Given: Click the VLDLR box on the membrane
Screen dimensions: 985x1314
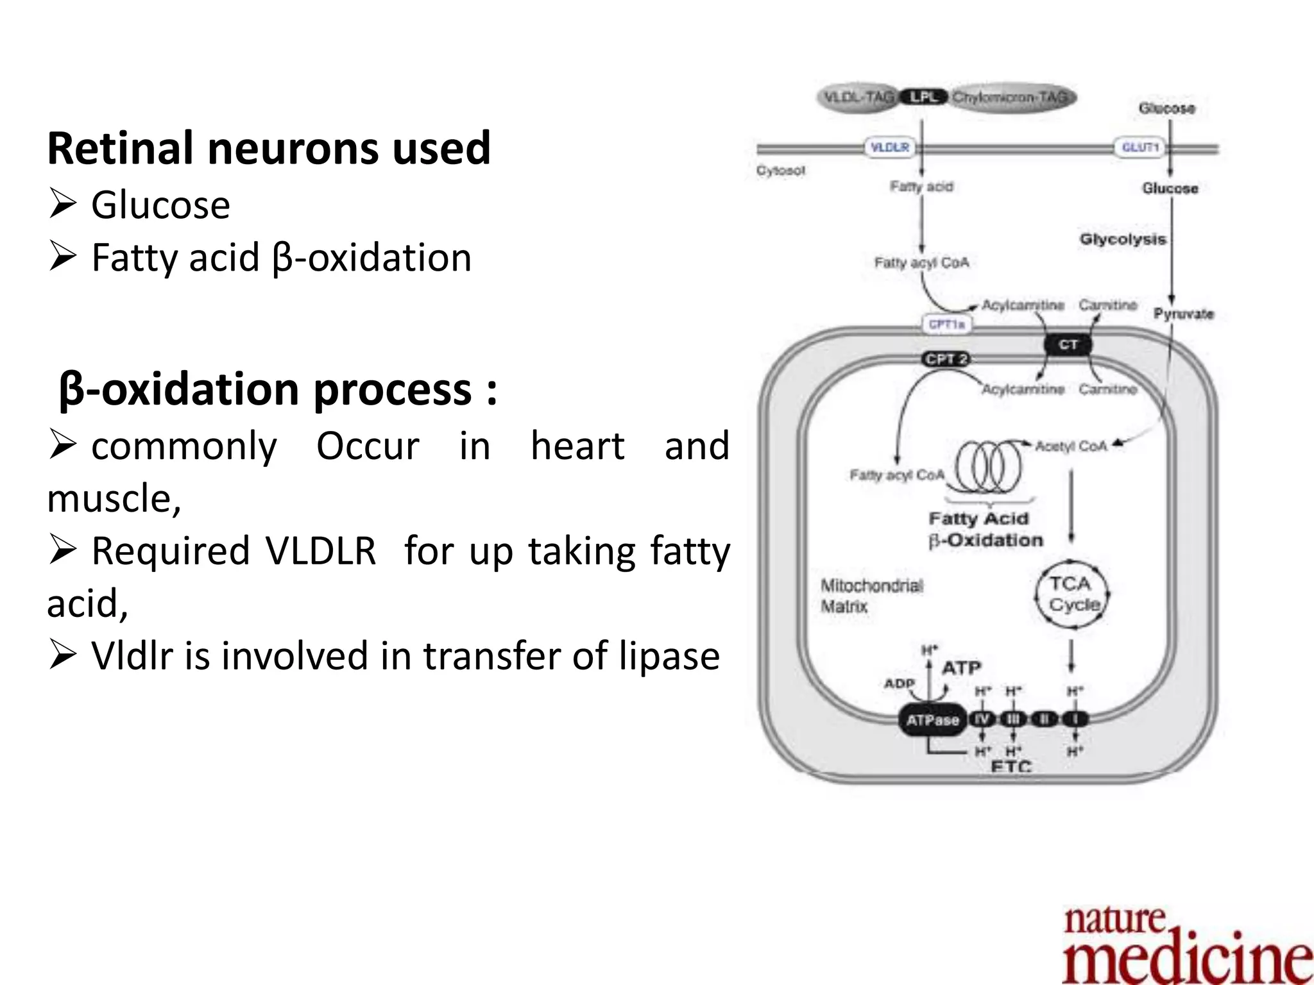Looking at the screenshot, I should click(889, 147).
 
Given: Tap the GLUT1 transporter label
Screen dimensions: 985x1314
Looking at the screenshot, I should click(1139, 147).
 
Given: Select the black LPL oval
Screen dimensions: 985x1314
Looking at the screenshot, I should click(923, 97).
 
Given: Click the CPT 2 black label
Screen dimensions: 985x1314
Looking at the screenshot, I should click(946, 359).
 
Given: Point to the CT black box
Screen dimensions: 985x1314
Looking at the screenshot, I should click(1068, 345).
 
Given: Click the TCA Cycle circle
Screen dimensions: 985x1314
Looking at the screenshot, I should click(1072, 594).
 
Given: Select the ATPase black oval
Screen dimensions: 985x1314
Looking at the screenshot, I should click(932, 720).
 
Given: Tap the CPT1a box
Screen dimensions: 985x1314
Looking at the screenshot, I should click(946, 324).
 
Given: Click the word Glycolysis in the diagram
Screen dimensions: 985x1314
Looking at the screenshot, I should click(1122, 239).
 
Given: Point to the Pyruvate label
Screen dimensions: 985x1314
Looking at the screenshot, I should click(1184, 314).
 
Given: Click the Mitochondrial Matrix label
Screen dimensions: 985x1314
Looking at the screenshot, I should click(871, 596).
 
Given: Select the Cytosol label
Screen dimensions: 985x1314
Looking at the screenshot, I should click(780, 171).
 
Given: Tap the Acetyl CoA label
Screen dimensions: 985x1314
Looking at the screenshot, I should click(1071, 446).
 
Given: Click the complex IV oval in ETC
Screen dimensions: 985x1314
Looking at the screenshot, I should click(982, 719).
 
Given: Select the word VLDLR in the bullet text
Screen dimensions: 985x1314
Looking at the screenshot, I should click(321, 551).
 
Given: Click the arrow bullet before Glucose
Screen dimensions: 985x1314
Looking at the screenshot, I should click(62, 205).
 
